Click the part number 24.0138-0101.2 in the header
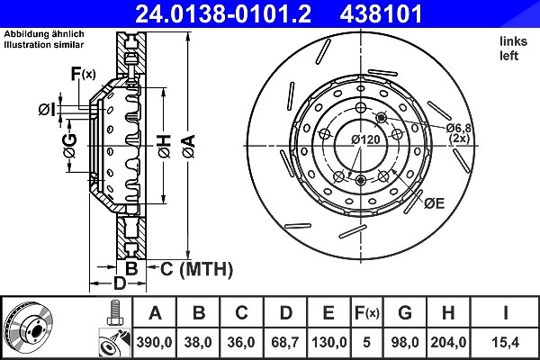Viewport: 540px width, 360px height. click(223, 14)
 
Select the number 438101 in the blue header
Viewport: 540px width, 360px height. click(381, 14)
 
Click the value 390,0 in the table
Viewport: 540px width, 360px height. click(154, 342)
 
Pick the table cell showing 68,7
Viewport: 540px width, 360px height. click(285, 342)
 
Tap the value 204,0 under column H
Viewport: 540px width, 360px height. click(448, 342)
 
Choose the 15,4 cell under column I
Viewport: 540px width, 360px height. click(505, 342)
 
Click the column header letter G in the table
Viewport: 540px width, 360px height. click(405, 313)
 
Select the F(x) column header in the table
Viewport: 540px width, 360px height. click(367, 313)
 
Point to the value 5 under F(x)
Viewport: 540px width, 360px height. click(367, 342)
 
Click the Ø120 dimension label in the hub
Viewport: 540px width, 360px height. click(365, 139)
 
